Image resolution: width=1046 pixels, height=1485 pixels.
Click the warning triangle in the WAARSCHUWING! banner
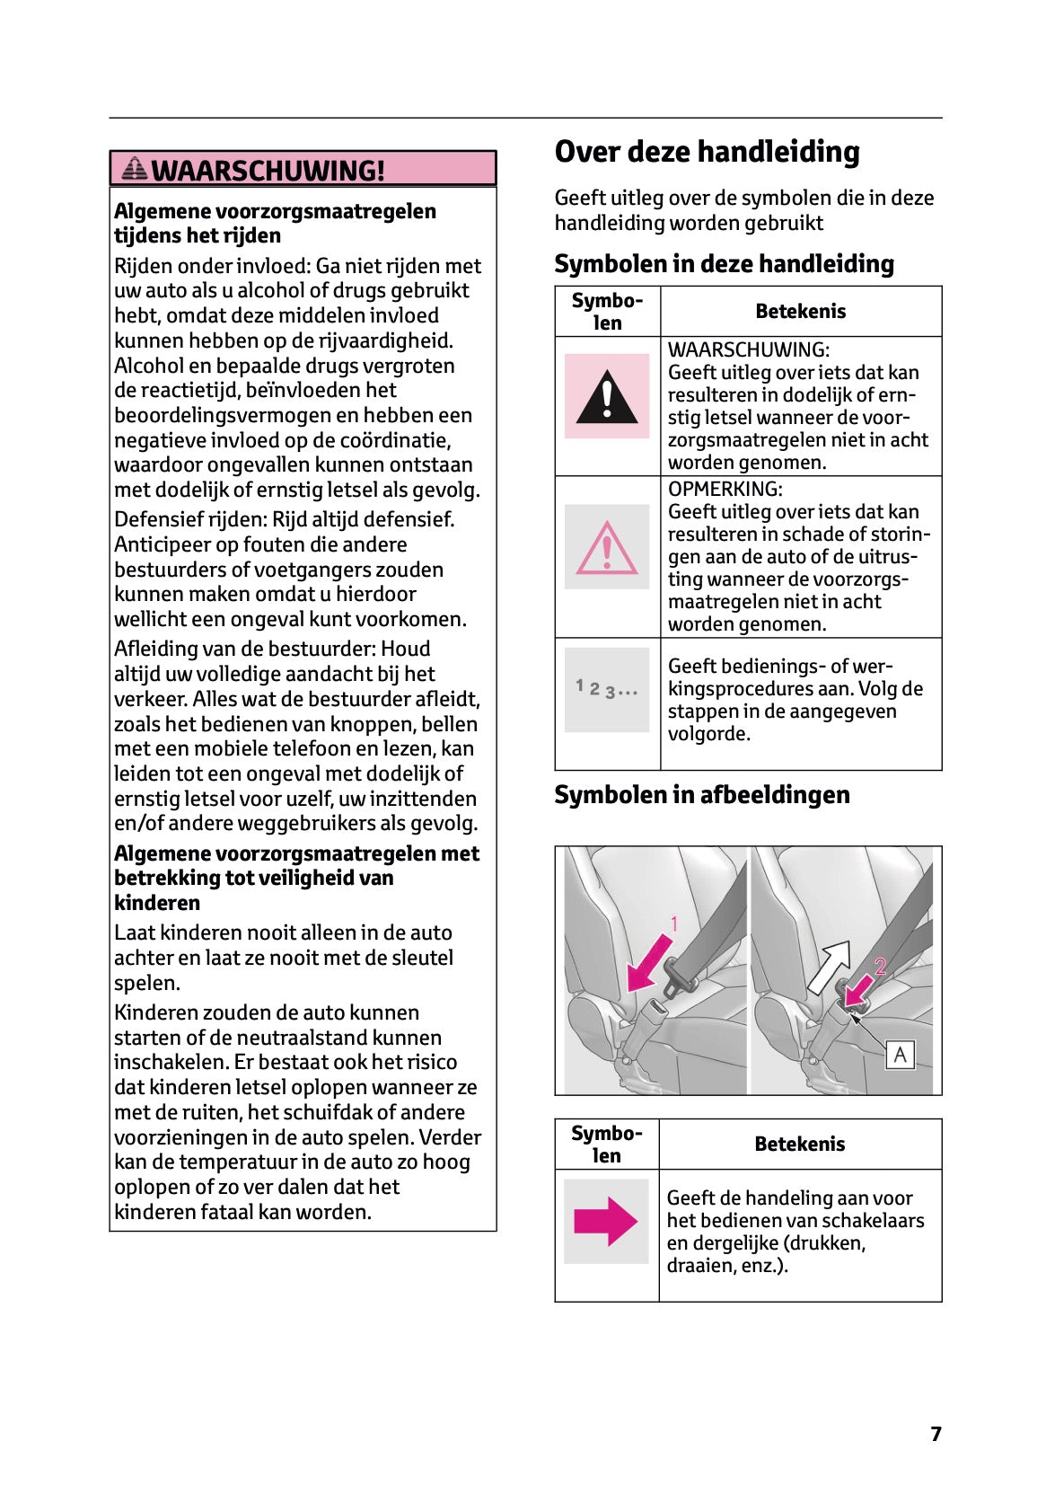136,168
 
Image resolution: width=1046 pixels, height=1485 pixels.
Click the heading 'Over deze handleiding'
707,152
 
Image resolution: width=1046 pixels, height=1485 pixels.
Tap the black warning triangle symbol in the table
607,397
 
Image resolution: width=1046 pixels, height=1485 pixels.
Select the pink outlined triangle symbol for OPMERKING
607,547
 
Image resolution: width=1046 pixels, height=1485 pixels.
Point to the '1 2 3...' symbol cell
607,690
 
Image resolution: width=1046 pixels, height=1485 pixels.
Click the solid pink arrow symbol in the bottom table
606,1221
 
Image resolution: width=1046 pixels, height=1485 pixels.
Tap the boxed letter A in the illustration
900,1054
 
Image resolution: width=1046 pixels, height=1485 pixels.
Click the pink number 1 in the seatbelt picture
674,924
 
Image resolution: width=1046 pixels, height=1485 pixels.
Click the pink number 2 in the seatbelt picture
880,967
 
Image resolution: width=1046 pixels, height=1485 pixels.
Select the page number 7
936,1434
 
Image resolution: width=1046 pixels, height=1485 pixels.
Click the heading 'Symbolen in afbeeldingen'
701,795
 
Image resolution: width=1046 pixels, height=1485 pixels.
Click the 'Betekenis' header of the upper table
800,312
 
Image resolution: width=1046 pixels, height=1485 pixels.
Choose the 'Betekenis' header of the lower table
799,1145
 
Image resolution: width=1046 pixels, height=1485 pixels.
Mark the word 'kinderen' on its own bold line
157,903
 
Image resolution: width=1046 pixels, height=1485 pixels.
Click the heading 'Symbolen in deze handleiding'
724,264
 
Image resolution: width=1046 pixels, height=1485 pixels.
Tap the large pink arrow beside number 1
650,962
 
